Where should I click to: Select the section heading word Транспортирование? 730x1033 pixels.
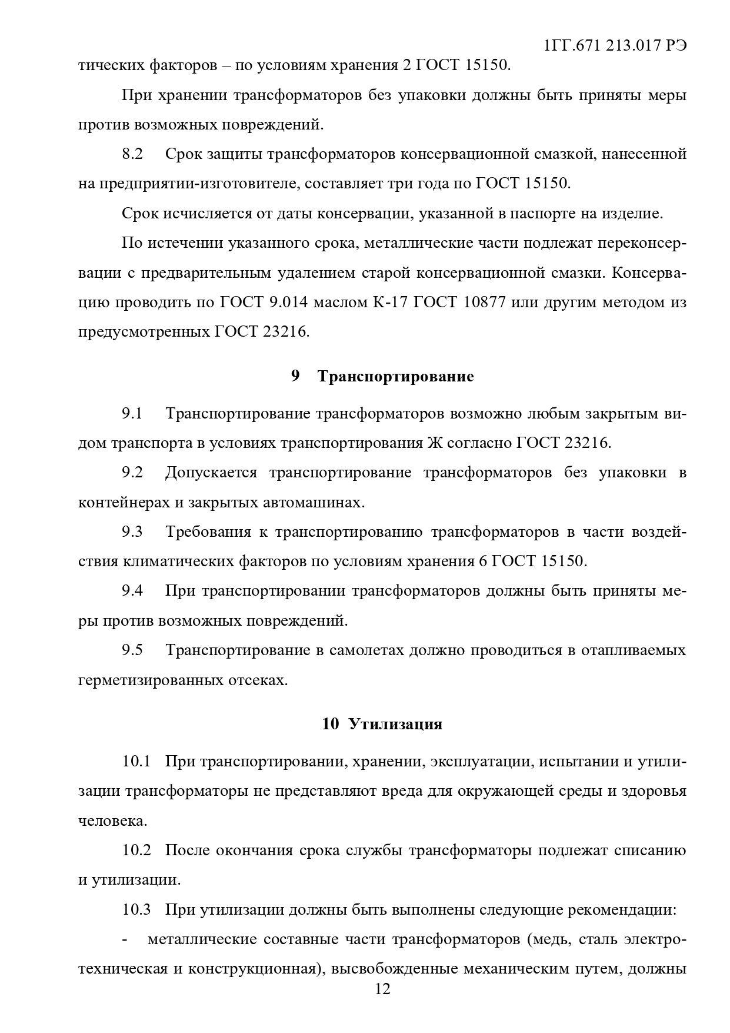tap(395, 376)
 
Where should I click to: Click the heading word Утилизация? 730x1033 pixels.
tap(395, 724)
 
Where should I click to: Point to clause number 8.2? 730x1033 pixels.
tap(132, 154)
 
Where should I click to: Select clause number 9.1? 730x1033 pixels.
tap(132, 413)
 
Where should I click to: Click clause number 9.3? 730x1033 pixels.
tap(132, 532)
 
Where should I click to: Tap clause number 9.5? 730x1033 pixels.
tap(132, 650)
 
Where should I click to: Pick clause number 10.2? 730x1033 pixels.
tap(136, 851)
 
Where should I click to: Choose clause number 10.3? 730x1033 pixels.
tap(136, 910)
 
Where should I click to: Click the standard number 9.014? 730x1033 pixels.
tap(288, 303)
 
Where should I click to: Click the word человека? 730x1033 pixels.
tap(112, 821)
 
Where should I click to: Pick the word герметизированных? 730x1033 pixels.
tap(151, 680)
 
